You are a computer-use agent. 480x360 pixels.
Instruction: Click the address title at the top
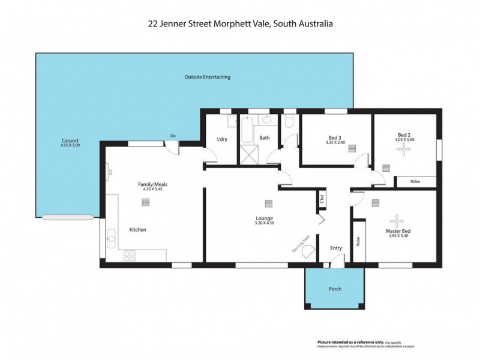pos(240,24)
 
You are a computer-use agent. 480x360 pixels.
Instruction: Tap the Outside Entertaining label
pos(207,77)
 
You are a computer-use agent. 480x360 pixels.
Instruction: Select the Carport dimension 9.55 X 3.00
pos(70,145)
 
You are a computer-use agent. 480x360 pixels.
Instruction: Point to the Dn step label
pos(173,136)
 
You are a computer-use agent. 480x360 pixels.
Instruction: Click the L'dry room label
pos(221,140)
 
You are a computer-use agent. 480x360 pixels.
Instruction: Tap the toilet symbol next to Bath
pos(289,124)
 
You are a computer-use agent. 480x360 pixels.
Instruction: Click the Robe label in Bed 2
pos(415,181)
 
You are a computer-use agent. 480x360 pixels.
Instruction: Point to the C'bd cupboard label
pos(322,198)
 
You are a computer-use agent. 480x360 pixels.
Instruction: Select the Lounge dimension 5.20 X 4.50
pos(264,223)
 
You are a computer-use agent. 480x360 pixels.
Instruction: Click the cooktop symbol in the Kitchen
pos(130,256)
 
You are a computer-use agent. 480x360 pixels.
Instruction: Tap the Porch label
pos(335,289)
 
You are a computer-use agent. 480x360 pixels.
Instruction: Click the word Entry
pos(336,248)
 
